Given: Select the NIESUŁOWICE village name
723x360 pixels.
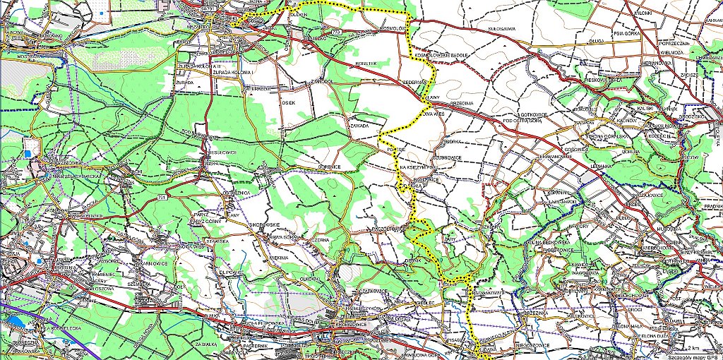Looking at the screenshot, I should pyautogui.click(x=205, y=150).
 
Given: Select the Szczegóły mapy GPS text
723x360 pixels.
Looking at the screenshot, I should pyautogui.click(x=695, y=356).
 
